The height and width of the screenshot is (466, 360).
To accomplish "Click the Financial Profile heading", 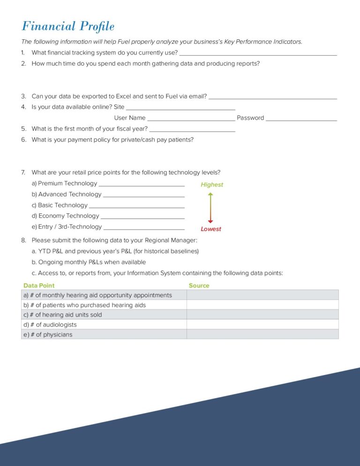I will [x=68, y=26].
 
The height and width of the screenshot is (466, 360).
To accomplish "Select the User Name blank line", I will [x=191, y=120].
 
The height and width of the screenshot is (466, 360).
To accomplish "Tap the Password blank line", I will [x=301, y=120].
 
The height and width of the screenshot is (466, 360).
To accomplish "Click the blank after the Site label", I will [x=180, y=109].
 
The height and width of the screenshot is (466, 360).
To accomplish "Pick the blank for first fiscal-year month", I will [x=192, y=131].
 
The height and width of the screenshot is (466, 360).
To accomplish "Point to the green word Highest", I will [x=212, y=185].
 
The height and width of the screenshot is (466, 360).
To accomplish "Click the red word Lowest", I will [x=211, y=229].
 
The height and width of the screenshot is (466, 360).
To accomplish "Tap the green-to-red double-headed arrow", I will [x=210, y=207].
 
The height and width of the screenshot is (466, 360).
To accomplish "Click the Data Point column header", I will [x=39, y=286].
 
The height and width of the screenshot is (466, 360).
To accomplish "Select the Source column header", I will [x=199, y=286].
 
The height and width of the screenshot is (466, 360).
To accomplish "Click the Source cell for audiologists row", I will [x=262, y=324].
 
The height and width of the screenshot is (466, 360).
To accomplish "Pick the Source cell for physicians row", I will [x=262, y=334].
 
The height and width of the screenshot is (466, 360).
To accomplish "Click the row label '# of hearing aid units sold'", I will [x=62, y=315].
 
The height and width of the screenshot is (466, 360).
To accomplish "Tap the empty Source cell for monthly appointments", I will [x=262, y=295].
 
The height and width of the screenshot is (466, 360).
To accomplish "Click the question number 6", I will [x=23, y=140].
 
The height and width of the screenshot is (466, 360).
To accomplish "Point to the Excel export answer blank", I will [x=272, y=98].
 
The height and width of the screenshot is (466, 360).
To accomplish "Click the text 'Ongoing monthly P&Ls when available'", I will [x=89, y=262].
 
